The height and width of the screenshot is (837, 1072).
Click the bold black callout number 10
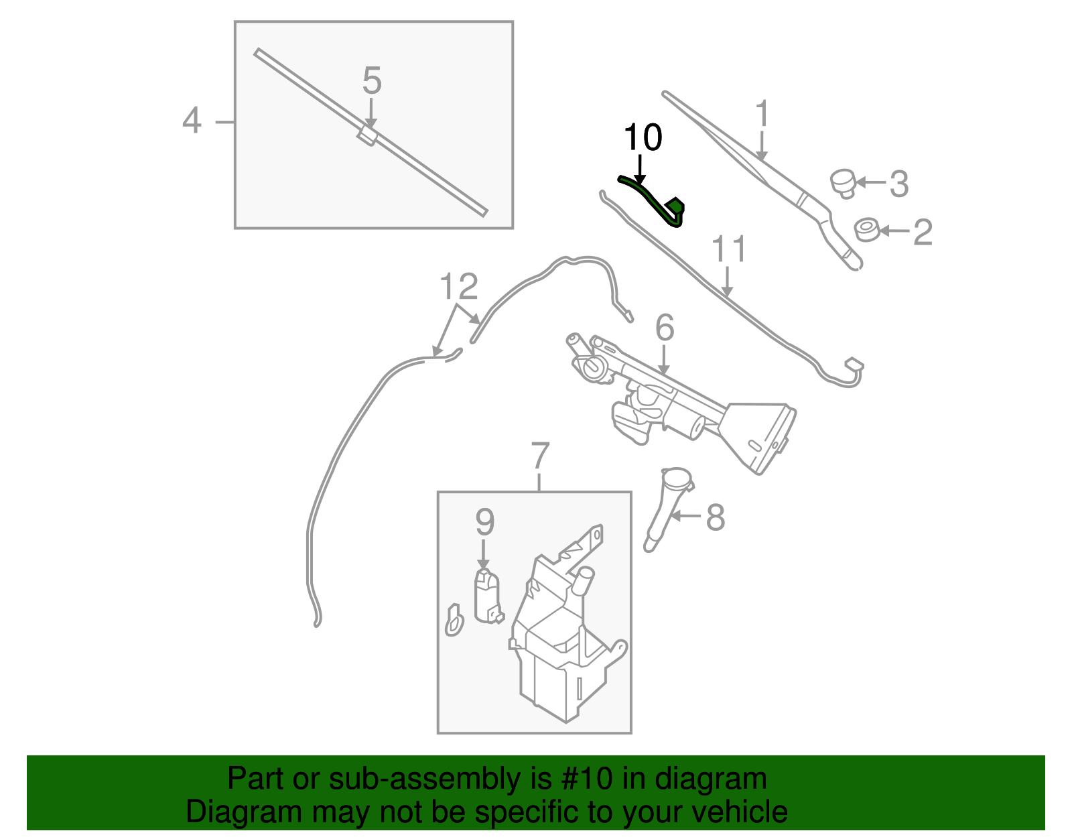[643, 138]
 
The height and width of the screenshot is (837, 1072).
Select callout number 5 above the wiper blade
[372, 81]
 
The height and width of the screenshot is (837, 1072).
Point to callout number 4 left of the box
[192, 121]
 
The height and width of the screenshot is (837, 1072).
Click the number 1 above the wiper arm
[762, 115]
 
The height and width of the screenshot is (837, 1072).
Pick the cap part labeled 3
[844, 183]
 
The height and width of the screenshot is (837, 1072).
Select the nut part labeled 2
[868, 230]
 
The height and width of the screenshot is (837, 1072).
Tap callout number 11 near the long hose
[728, 250]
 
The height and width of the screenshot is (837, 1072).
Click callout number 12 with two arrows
[459, 287]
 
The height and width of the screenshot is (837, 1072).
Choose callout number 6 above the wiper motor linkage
[664, 328]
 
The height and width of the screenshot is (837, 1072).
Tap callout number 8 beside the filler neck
[716, 517]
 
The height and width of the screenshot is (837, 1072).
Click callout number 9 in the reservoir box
[484, 522]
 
